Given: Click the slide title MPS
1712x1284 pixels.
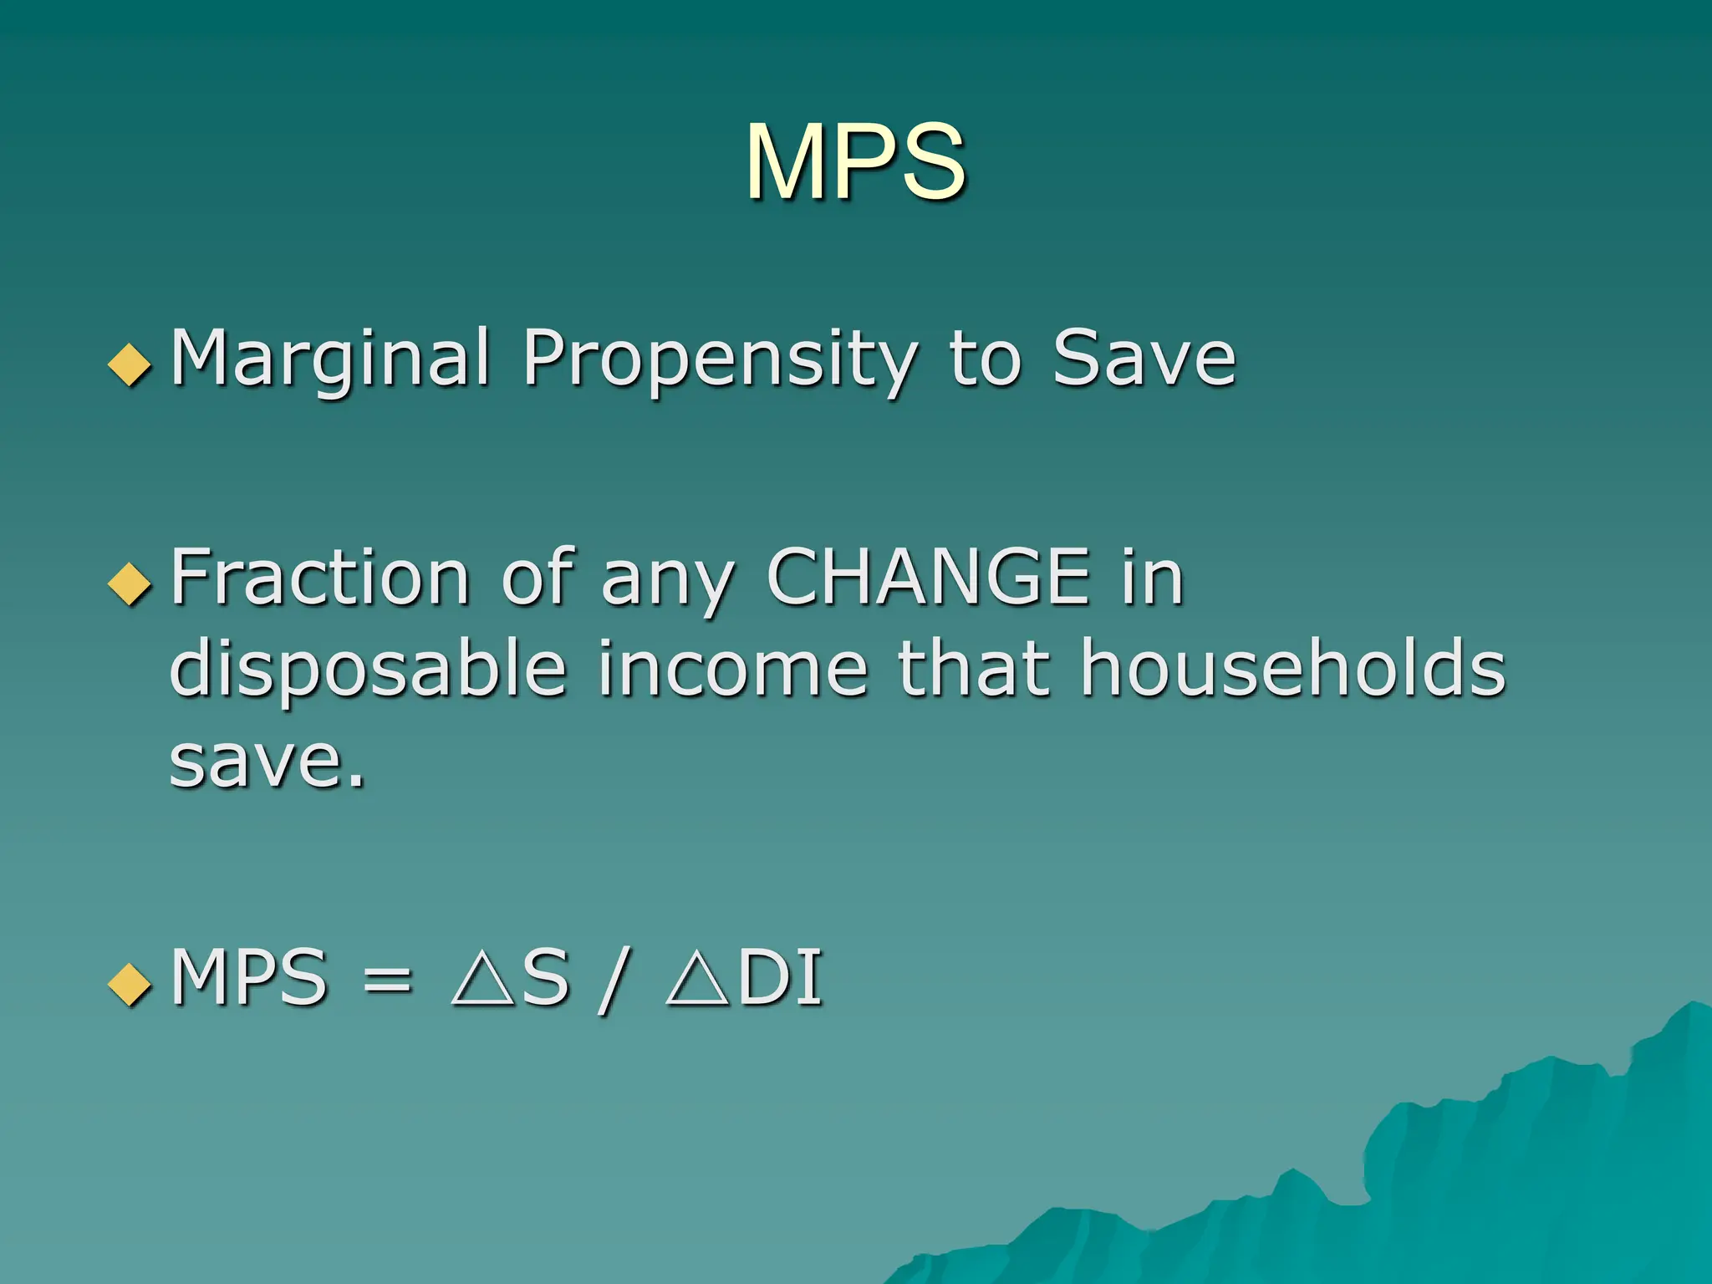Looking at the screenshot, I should coord(855,161).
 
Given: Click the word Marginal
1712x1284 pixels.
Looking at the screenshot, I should coord(330,359).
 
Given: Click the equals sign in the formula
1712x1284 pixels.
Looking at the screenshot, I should coord(388,978).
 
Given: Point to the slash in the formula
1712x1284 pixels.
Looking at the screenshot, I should coord(614,980).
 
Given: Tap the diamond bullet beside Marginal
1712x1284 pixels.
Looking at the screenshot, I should coord(130,365).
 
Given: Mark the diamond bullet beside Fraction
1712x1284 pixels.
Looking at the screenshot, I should coord(130,583).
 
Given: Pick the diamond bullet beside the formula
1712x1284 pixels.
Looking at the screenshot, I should coord(130,984).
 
